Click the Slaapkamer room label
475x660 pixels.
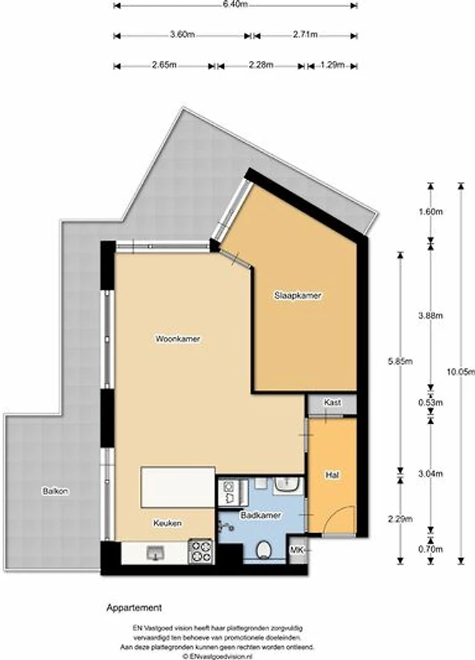coord(298,295)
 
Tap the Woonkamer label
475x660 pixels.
coord(178,339)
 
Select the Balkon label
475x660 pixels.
coord(55,491)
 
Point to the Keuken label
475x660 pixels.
coord(167,523)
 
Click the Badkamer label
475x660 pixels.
coord(261,515)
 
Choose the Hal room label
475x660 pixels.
coord(332,475)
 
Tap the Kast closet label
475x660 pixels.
coord(332,403)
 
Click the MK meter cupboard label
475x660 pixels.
coord(297,549)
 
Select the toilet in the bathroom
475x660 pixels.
coord(264,549)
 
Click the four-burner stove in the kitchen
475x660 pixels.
coord(200,551)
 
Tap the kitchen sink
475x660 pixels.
coord(155,553)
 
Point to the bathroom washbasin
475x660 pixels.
coord(289,485)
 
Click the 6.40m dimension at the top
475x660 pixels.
coord(236,5)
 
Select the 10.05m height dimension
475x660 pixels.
coord(461,372)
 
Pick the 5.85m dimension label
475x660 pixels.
coord(400,361)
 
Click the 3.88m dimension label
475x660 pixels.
coord(430,315)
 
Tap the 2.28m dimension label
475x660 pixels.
coord(261,65)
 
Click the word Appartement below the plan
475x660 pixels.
coord(134,608)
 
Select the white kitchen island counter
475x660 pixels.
coord(178,487)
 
